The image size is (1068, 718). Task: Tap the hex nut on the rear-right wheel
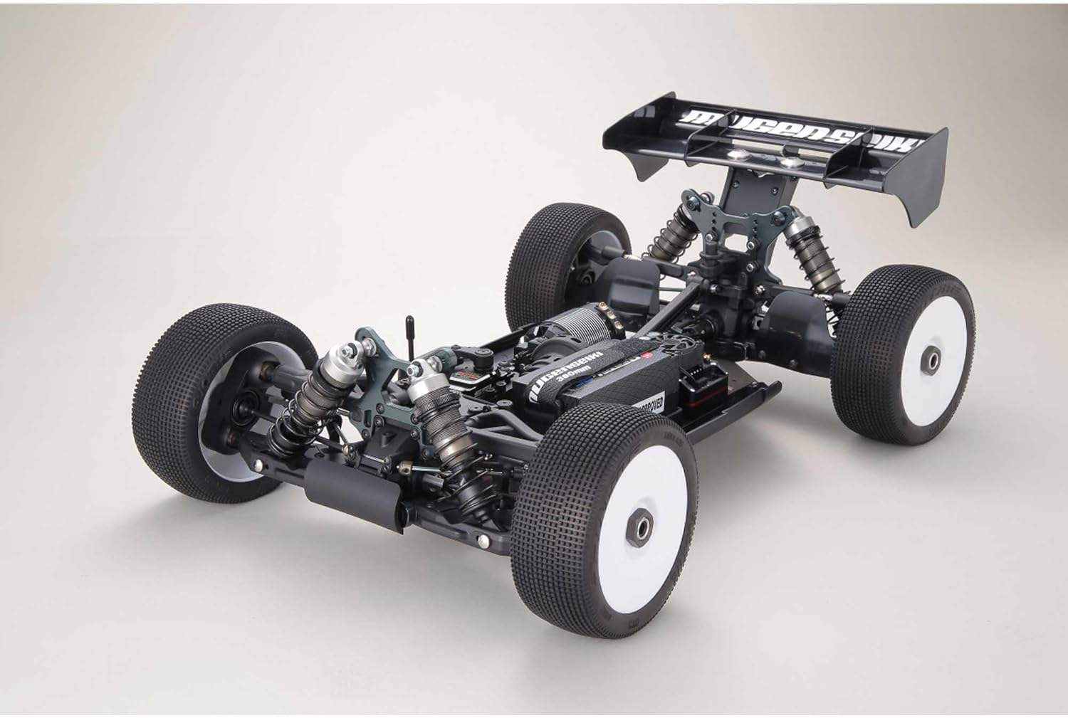point(932,354)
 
